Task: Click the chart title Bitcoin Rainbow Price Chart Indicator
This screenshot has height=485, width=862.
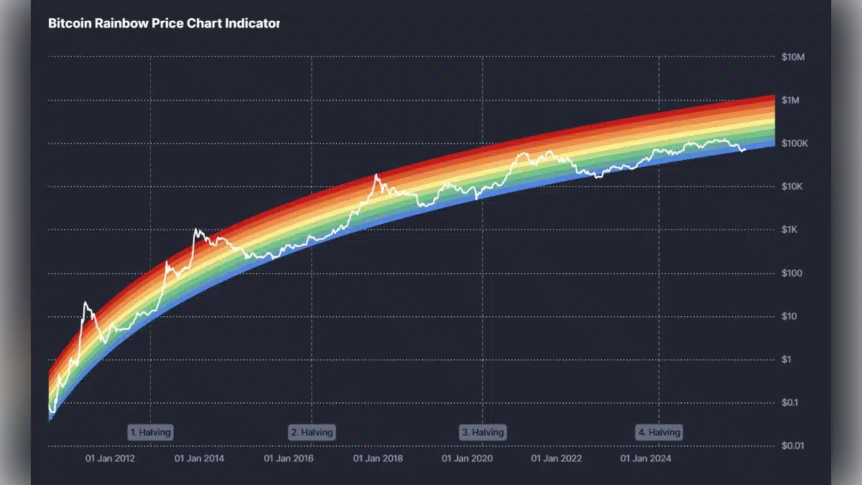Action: point(164,24)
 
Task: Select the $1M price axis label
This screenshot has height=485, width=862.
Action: point(791,100)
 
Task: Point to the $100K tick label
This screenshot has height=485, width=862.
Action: point(794,144)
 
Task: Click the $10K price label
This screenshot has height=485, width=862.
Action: point(792,187)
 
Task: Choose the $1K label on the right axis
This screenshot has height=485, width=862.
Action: point(790,230)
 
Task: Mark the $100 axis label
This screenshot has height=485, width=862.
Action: point(792,273)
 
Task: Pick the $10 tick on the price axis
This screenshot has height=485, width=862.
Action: point(789,316)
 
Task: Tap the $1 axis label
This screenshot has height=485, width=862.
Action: point(787,359)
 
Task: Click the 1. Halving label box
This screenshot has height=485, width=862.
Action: point(151,433)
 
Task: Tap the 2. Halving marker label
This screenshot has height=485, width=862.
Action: point(312,433)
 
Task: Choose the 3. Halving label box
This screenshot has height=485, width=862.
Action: point(483,433)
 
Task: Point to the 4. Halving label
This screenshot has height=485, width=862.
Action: point(659,433)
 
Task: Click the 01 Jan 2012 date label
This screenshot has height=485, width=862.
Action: point(110,458)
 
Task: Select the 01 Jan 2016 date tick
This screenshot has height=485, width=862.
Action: point(288,458)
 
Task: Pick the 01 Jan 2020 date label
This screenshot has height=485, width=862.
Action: point(466,458)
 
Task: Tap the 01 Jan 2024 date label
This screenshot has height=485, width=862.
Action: point(645,458)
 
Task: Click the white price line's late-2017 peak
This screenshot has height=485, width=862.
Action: point(376,175)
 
